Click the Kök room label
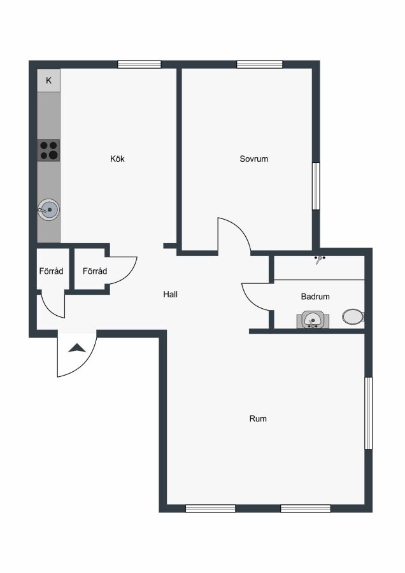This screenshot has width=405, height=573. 117,159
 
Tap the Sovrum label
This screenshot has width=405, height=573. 253,159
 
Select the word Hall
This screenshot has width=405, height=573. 170,294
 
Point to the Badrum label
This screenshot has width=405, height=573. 315,296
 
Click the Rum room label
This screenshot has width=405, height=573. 258,418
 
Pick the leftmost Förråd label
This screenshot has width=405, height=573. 51,271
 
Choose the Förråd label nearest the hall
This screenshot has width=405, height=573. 95,271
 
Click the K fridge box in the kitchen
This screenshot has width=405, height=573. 48,80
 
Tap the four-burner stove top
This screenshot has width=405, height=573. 48,150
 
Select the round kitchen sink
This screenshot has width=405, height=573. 48,209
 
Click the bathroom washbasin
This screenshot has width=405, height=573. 313,320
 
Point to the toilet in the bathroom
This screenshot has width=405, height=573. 353,316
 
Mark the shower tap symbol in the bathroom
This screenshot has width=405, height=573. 320,259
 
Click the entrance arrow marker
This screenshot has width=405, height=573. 77,348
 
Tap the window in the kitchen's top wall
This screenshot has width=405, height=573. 139,65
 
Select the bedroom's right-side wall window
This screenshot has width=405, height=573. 316,186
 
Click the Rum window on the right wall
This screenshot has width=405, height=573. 369,413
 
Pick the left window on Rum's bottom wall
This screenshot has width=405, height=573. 211,508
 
